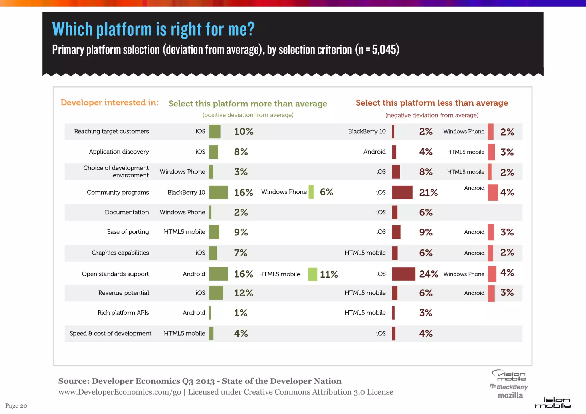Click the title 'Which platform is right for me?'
[x=153, y=29]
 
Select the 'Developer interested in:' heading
[x=109, y=102]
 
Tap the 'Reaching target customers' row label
[x=111, y=131]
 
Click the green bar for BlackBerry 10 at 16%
[x=218, y=192]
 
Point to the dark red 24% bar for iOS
[x=403, y=274]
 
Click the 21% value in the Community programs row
[x=428, y=192]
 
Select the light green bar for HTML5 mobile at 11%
[x=312, y=274]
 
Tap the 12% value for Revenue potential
[x=243, y=293]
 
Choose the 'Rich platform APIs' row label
[x=123, y=313]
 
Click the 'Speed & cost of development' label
[x=110, y=333]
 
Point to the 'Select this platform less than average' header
[x=431, y=103]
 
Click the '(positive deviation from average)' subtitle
[x=248, y=115]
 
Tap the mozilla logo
[x=510, y=395]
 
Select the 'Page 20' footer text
[x=16, y=406]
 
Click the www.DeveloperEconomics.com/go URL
[x=120, y=392]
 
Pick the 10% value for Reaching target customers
[x=243, y=132]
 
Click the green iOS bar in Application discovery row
[x=213, y=152]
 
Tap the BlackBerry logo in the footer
[x=509, y=387]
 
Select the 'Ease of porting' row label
[x=128, y=232]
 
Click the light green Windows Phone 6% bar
[x=311, y=192]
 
